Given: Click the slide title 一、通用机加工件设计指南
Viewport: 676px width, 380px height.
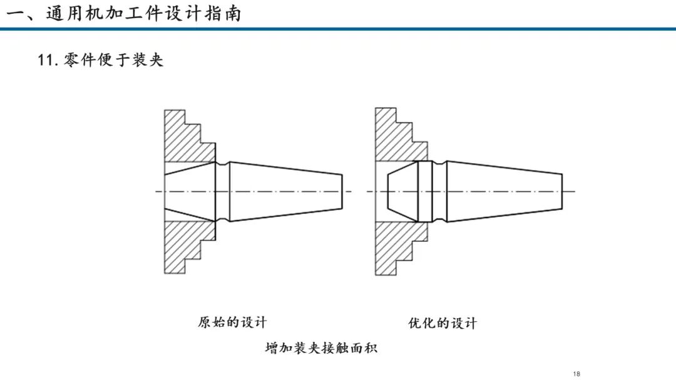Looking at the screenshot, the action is click(123, 13).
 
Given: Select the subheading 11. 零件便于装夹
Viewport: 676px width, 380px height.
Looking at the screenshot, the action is click(100, 59).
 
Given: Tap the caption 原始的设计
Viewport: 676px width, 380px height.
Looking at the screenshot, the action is click(232, 322).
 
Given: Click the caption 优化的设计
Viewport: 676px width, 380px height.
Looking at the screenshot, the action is click(443, 322).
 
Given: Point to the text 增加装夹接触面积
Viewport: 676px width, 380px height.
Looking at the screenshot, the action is click(321, 347).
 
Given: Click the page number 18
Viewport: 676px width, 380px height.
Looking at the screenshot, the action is click(577, 374).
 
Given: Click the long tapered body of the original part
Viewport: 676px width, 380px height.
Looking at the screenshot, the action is click(286, 191).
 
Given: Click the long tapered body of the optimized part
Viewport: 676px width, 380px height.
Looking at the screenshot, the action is click(504, 191).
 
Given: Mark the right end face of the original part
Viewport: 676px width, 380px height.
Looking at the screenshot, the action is click(342, 191).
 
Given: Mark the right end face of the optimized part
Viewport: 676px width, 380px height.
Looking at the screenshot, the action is click(562, 191).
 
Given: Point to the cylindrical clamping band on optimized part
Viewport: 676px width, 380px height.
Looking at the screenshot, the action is click(425, 191).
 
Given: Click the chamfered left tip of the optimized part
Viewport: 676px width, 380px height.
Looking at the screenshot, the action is click(402, 191).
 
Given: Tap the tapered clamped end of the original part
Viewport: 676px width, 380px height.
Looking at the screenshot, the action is click(190, 191).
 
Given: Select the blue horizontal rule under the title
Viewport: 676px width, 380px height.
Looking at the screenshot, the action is click(338, 29).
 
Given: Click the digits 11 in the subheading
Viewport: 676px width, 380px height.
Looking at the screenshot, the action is click(45, 60).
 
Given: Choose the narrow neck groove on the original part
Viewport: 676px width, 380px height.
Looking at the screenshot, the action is click(222, 191).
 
